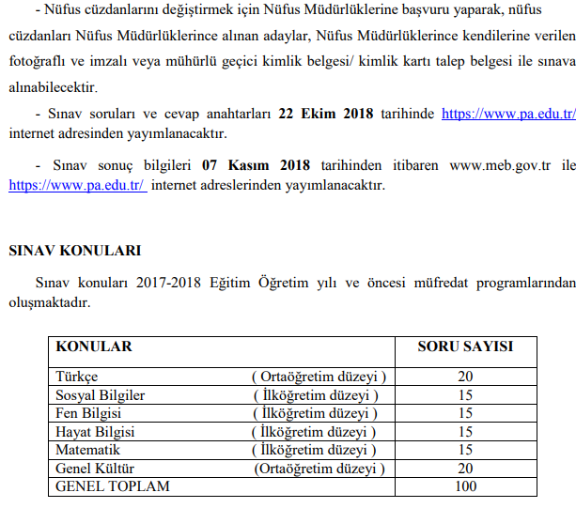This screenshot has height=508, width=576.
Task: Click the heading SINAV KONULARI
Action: coord(74,251)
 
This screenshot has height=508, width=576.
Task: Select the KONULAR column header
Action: coord(94,346)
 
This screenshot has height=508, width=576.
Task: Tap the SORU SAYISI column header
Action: coord(464,346)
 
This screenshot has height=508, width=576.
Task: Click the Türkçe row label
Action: coord(77,377)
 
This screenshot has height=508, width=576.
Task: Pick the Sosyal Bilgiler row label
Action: coord(101,395)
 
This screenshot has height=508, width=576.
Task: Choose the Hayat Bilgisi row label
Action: coord(95,432)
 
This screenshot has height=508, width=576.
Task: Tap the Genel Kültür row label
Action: coord(94,468)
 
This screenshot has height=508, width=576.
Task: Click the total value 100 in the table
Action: coord(464,486)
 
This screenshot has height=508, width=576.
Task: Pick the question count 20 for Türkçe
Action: coord(464,377)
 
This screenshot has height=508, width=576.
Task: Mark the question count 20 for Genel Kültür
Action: coord(464,468)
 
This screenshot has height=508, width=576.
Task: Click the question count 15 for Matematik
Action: coord(464,450)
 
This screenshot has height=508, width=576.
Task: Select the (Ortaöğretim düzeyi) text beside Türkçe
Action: coord(319,377)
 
